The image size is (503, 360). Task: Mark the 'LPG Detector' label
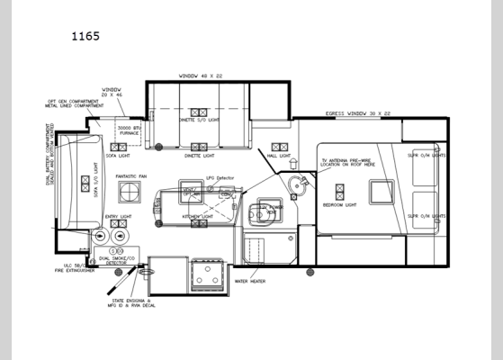pos(220,178)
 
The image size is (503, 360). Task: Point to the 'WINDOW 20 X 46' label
pos(112,93)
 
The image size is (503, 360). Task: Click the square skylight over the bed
pos(381,192)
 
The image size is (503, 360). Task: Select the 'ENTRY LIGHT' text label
pos(118,216)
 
